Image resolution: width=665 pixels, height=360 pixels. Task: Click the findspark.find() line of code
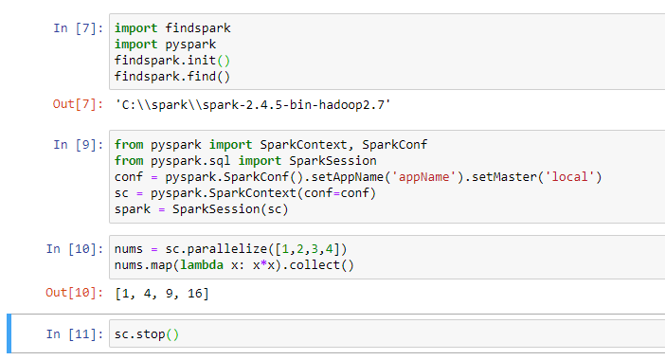pyautogui.click(x=172, y=76)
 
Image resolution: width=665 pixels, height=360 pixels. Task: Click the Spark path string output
pyautogui.click(x=252, y=103)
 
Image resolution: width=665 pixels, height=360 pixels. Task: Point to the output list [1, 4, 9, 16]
pyautogui.click(x=161, y=294)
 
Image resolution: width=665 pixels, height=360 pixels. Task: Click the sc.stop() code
pyautogui.click(x=146, y=334)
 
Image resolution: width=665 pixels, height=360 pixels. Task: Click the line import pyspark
pyautogui.click(x=165, y=44)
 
